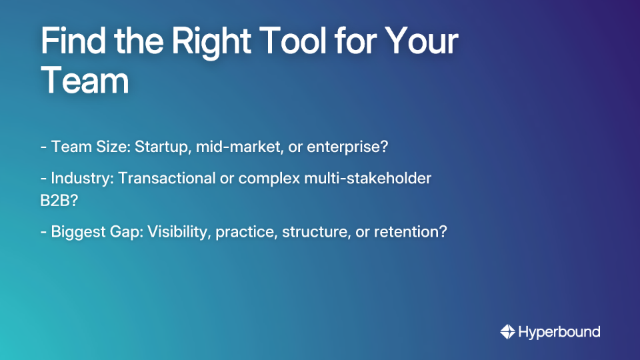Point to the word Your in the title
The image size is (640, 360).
pyautogui.click(x=423, y=41)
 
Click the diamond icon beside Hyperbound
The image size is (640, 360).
pyautogui.click(x=507, y=331)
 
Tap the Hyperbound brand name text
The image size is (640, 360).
pyautogui.click(x=559, y=331)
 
